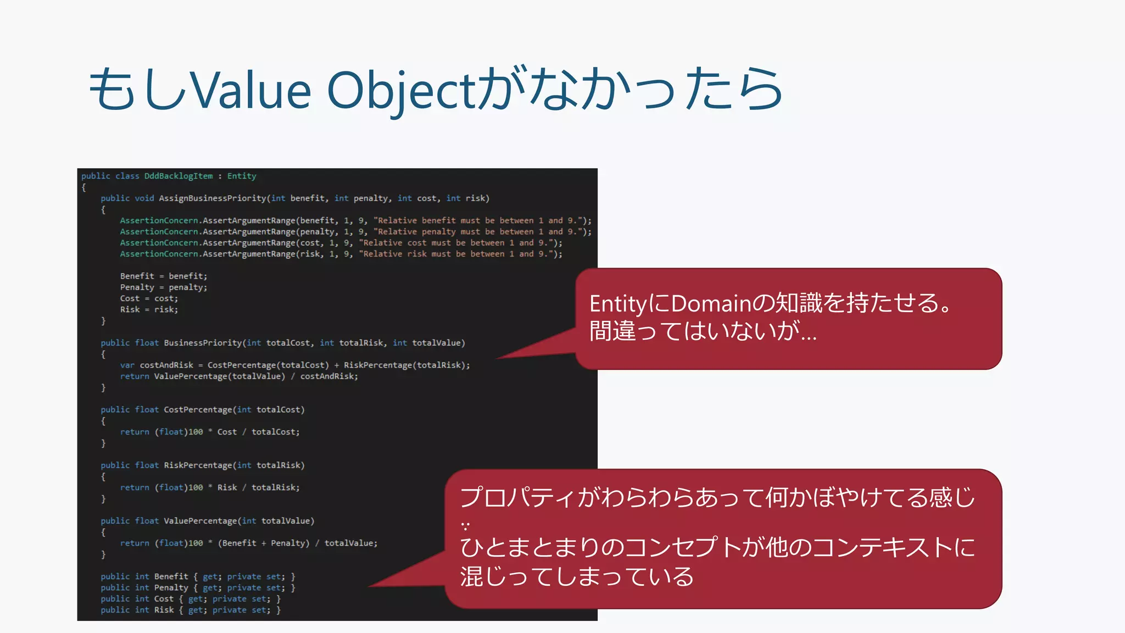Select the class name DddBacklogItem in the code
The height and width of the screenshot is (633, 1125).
(178, 176)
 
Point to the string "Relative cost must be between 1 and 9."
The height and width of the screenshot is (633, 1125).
(460, 243)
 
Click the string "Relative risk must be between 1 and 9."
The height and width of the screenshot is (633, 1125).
(460, 254)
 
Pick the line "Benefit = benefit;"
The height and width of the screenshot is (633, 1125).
(164, 276)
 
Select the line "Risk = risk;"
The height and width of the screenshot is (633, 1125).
(149, 309)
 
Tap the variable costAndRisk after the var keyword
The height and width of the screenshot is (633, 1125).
(166, 365)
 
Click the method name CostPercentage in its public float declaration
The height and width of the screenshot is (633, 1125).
(198, 410)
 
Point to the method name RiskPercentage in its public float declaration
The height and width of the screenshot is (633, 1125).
(198, 465)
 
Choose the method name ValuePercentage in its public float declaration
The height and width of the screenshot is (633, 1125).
(201, 521)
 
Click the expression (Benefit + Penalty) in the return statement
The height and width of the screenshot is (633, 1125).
(264, 543)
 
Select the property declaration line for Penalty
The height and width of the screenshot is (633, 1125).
(198, 588)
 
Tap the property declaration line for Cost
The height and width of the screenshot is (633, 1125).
(191, 599)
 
